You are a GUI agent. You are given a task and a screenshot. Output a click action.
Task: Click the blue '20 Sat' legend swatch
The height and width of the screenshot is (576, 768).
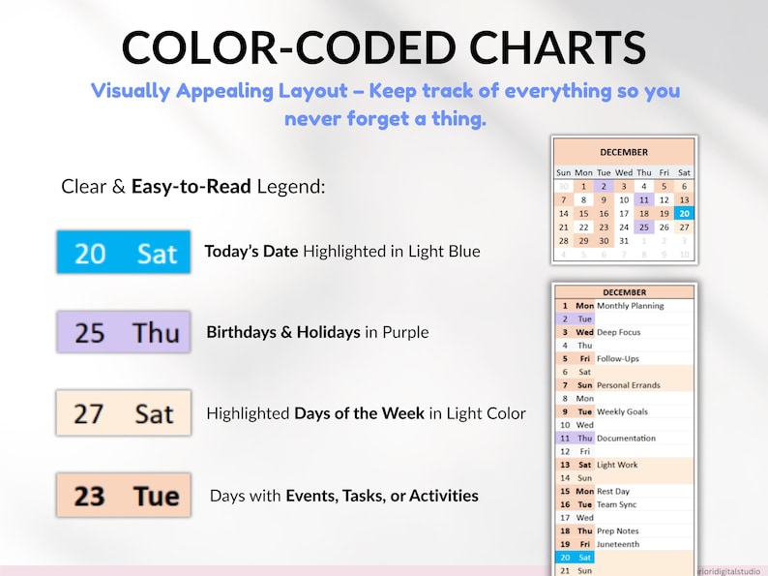[123, 253]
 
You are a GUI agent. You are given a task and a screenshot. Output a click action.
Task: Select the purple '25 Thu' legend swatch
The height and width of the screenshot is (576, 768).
[123, 332]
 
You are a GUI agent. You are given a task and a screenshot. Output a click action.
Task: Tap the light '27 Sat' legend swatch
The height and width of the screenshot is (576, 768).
[123, 413]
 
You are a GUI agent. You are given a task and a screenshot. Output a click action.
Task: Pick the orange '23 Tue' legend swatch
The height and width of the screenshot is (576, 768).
[123, 496]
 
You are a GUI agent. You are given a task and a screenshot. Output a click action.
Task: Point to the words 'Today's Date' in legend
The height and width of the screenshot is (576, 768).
[251, 252]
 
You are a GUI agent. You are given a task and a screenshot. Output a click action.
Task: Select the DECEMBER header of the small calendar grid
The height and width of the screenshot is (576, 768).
[624, 152]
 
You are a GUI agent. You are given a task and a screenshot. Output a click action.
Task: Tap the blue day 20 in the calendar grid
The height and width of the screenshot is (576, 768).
[684, 213]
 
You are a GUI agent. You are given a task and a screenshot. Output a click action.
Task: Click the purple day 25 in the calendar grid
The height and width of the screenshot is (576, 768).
[643, 227]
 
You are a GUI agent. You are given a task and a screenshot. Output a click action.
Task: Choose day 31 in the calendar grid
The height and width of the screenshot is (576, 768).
[624, 240]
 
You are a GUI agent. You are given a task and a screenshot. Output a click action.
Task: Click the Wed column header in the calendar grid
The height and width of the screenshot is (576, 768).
[624, 172]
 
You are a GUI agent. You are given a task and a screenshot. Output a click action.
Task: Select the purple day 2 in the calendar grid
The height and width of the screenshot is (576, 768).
[604, 186]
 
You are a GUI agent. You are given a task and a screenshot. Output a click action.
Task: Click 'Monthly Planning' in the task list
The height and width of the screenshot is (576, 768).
[631, 305]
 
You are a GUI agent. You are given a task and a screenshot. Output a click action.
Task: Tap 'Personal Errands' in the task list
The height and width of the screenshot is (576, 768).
[629, 385]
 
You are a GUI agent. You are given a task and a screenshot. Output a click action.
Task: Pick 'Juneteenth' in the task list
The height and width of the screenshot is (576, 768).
[619, 544]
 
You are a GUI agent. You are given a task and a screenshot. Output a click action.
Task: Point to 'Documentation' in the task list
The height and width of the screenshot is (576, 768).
[626, 439]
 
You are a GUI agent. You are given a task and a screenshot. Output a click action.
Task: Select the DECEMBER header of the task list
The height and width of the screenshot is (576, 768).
[624, 292]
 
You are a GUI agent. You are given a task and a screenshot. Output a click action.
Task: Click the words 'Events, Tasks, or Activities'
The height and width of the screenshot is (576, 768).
[381, 496]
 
